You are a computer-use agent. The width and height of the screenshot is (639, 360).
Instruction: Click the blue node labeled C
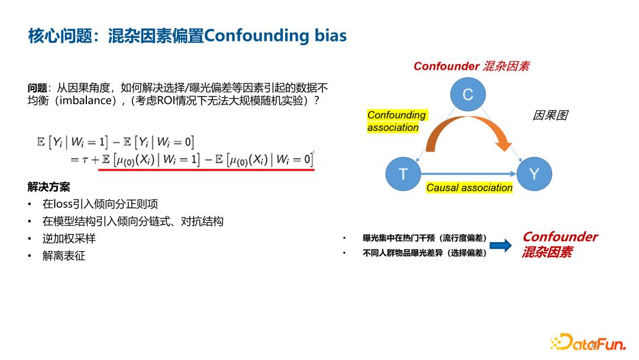467,95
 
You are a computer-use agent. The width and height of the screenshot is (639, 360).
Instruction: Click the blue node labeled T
403,173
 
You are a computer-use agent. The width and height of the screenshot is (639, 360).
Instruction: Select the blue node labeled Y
534,173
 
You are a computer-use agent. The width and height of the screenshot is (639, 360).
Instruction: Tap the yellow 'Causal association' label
469,188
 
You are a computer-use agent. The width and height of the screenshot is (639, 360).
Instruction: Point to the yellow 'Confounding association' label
396,121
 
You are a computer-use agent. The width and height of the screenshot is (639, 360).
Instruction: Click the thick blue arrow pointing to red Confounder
501,246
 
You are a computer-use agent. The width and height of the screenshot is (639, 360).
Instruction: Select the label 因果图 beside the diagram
550,115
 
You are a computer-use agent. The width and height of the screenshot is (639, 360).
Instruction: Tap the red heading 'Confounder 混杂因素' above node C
471,66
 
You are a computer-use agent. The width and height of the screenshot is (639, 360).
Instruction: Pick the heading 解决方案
49,187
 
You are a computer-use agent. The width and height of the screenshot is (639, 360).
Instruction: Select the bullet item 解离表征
64,256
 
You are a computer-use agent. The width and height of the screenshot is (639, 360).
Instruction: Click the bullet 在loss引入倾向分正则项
101,204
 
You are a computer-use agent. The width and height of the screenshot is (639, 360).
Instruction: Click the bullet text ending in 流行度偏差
425,238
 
